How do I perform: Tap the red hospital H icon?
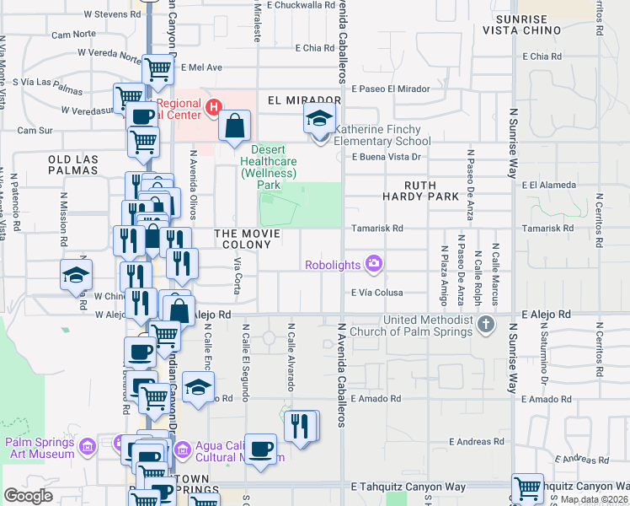click(x=213, y=107)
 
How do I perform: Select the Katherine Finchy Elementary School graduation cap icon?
click(x=319, y=119)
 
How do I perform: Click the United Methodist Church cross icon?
click(x=485, y=324)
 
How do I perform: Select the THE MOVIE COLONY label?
click(x=243, y=239)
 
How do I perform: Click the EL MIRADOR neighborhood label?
click(x=292, y=100)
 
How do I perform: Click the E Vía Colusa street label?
click(x=377, y=293)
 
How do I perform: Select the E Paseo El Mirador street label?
click(x=391, y=89)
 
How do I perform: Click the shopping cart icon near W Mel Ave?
click(x=157, y=71)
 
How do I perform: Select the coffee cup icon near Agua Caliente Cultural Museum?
click(x=261, y=447)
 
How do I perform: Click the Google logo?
click(x=28, y=496)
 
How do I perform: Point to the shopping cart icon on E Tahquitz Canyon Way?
click(x=527, y=487)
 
